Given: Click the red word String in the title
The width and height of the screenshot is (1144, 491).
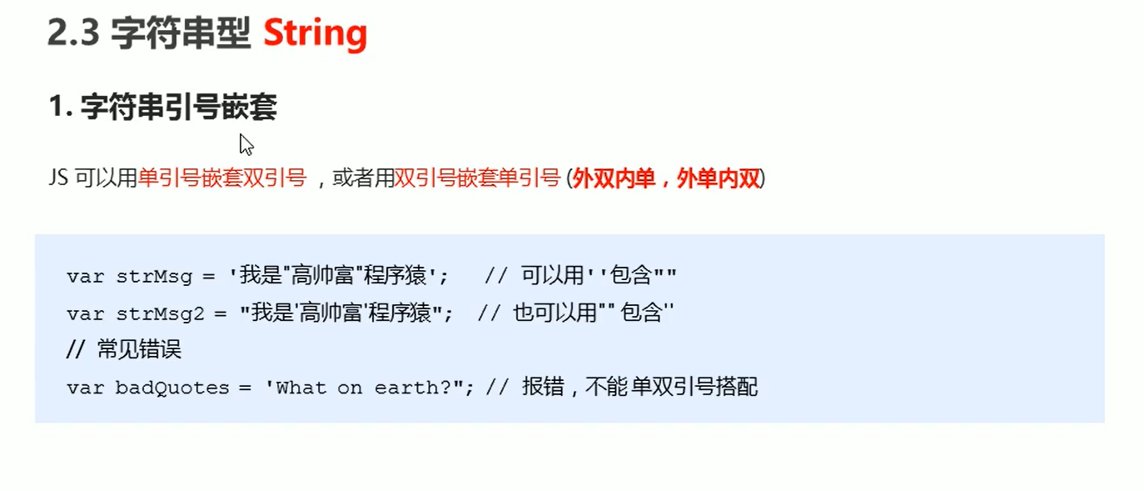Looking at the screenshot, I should [x=315, y=33].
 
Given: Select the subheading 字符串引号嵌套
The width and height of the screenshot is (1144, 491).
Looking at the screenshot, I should [x=178, y=108].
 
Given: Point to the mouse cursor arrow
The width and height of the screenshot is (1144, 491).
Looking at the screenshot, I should [x=246, y=143].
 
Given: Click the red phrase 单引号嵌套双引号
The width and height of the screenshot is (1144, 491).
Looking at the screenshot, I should [x=222, y=178].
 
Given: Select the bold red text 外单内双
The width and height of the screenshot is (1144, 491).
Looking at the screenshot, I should [x=719, y=178].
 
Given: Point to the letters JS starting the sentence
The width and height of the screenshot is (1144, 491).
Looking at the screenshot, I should [x=58, y=179].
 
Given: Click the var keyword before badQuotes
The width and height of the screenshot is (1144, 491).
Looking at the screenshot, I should [x=86, y=388].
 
